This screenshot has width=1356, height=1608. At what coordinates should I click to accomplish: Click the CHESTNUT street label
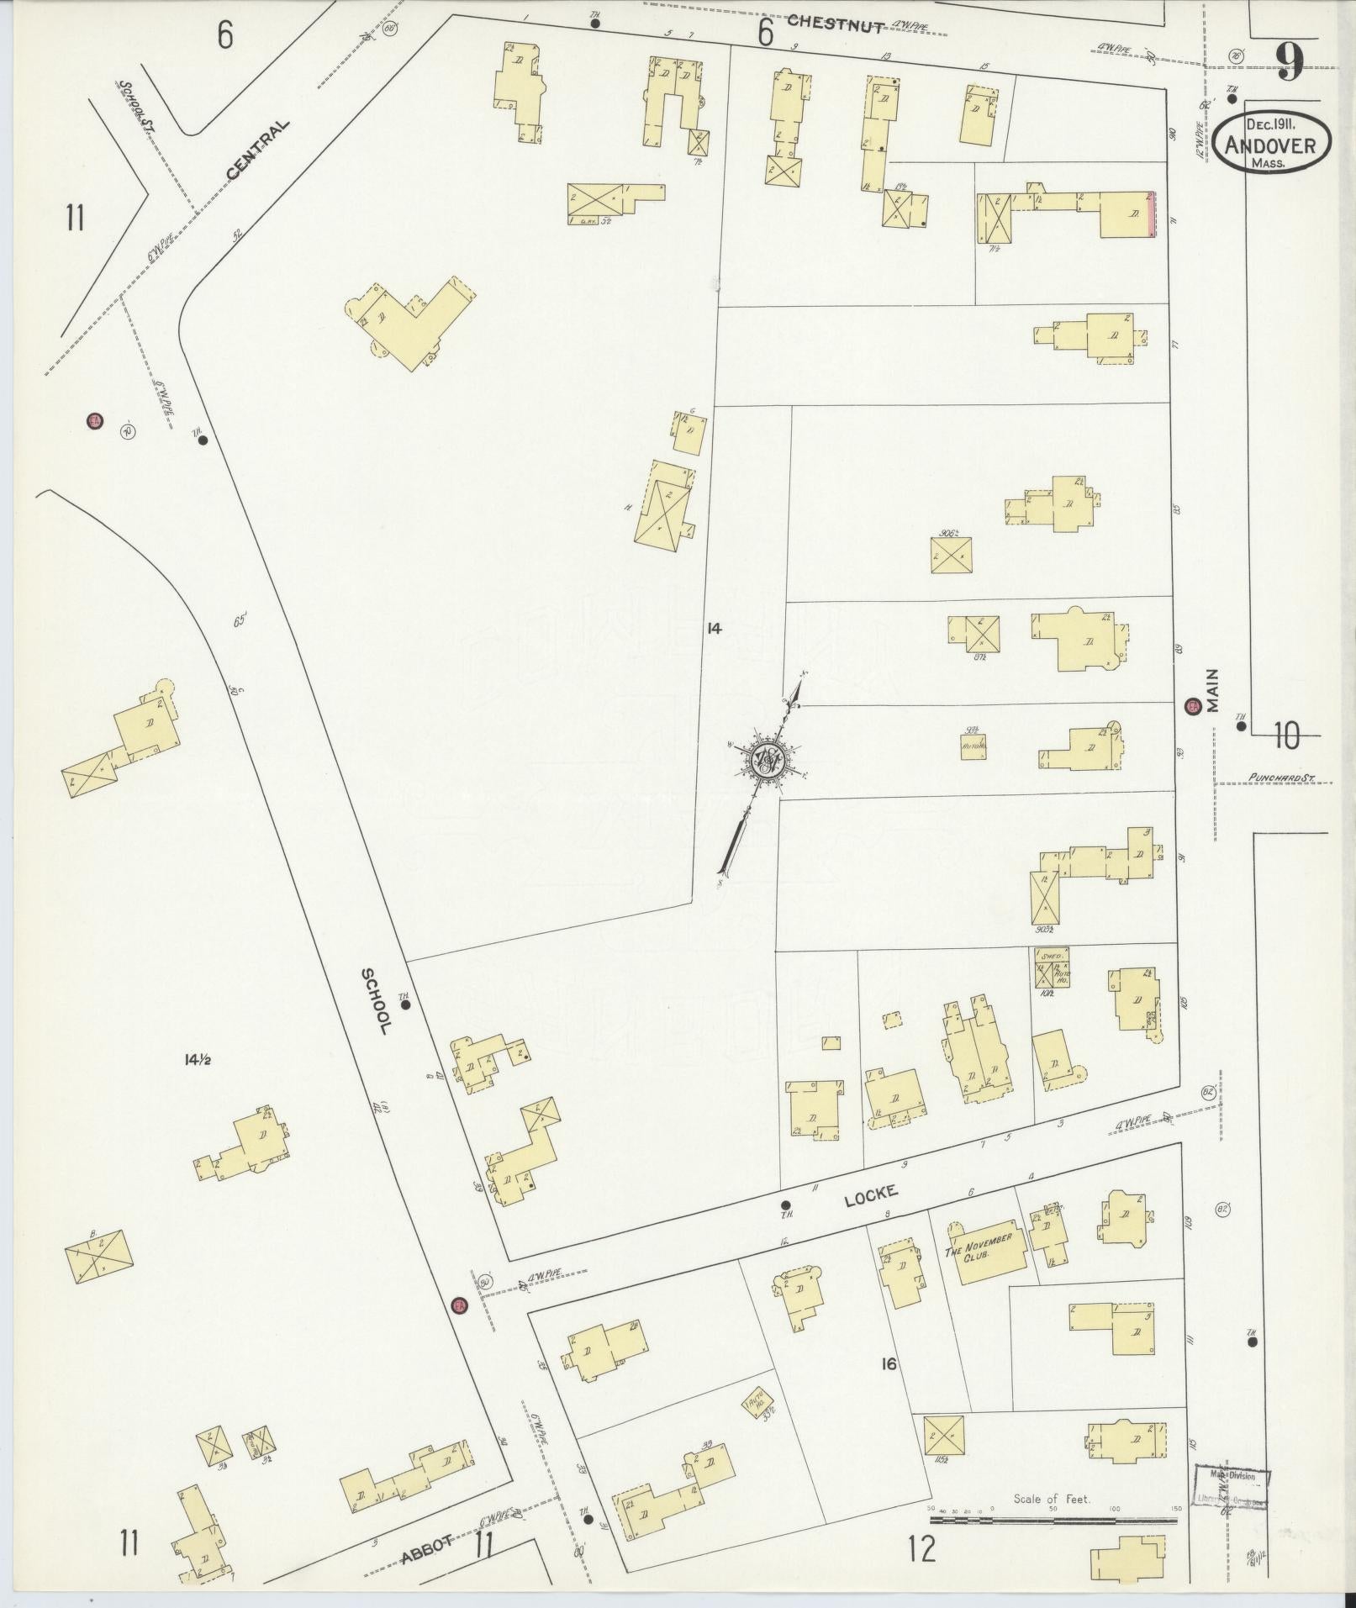835,25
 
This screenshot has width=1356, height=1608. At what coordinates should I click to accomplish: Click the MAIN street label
1212,690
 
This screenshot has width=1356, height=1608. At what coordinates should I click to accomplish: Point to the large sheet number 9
1290,61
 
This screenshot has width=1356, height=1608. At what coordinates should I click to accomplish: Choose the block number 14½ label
197,1060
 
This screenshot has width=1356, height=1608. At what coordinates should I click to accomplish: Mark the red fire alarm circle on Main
1192,707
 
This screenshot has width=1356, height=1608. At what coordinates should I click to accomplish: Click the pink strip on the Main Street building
1153,214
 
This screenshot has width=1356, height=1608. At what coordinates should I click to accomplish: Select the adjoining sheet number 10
1285,736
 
